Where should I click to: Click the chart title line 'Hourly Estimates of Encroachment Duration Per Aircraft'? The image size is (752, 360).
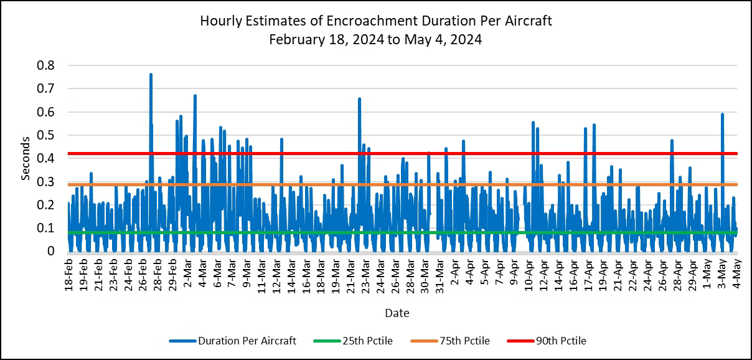[376, 21]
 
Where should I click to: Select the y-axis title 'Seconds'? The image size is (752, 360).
[26, 158]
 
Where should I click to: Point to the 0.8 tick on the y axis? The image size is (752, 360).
[47, 65]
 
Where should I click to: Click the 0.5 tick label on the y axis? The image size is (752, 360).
[47, 135]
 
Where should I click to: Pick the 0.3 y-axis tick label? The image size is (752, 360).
[47, 182]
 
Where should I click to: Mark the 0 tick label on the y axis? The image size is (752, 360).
[51, 251]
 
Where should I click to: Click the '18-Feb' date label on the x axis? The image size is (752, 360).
[68, 278]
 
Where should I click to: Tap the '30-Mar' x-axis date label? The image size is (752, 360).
[425, 278]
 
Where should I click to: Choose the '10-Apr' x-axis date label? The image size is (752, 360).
[529, 278]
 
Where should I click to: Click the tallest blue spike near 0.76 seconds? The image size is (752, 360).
[151, 75]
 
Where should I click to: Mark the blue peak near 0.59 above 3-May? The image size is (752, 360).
[722, 115]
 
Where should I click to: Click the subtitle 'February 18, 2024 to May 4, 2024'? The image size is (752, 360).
[376, 39]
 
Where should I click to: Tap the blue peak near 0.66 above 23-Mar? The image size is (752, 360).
[359, 99]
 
